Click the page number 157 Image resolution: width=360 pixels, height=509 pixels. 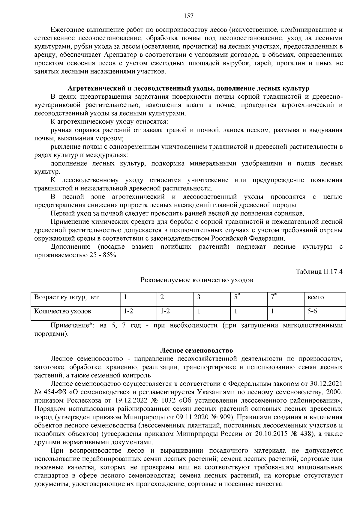pos(188,16)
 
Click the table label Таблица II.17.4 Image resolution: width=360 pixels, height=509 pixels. pos(319,272)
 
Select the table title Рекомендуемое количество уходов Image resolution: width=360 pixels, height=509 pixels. pos(197,280)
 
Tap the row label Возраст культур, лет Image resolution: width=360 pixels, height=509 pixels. pos(67,297)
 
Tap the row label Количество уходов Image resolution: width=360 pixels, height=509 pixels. pos(63,311)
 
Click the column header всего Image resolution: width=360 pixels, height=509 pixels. pos(316,297)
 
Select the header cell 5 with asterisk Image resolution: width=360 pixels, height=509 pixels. pos(237,297)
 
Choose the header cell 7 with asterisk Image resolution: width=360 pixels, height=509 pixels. pos(273,297)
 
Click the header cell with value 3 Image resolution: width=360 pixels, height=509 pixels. pos(199,297)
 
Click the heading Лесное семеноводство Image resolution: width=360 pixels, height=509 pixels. pos(197,350)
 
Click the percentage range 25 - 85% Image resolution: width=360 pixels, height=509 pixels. pos(102,255)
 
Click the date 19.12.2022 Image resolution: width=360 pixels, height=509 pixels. pos(131,400)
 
